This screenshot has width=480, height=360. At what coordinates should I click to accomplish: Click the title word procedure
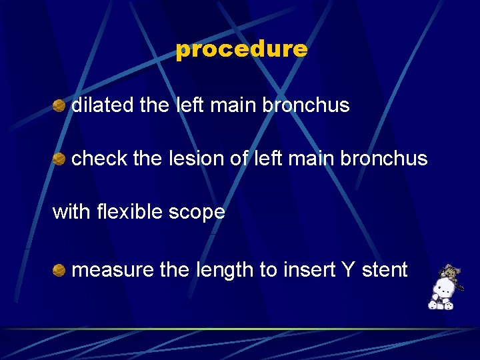(x=241, y=49)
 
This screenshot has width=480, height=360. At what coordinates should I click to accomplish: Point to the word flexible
(x=127, y=212)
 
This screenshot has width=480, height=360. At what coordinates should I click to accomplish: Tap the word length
(x=225, y=270)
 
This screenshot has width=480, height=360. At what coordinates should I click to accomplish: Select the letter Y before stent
(x=348, y=270)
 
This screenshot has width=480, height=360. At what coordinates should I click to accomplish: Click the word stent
(x=384, y=270)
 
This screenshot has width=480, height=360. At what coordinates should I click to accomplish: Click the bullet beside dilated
(x=59, y=105)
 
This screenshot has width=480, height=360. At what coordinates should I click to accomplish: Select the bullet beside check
(x=59, y=159)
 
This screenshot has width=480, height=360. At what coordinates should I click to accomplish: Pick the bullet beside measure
(x=59, y=270)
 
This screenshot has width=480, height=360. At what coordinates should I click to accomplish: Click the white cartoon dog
(x=441, y=294)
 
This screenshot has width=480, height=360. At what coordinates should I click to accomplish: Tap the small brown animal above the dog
(x=451, y=272)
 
